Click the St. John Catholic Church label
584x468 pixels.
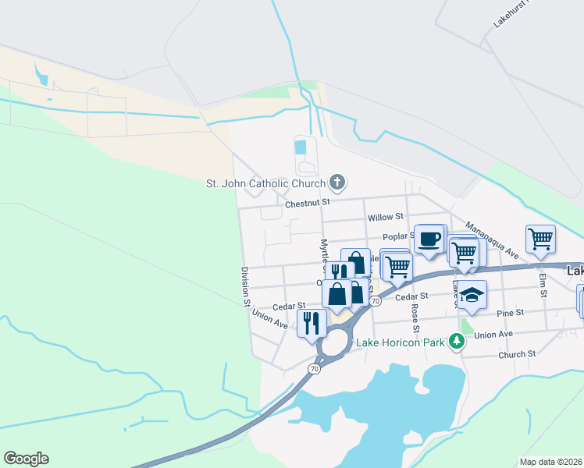click(265, 184)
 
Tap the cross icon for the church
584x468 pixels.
click(337, 183)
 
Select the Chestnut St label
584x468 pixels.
click(308, 202)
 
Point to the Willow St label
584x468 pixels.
click(384, 216)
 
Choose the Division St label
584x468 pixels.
click(245, 286)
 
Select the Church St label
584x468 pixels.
click(518, 353)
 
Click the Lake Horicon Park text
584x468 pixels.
click(400, 342)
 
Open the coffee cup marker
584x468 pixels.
click(429, 238)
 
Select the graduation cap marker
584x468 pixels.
click(472, 294)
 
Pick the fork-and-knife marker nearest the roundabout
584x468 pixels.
click(312, 321)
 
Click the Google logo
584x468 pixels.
click(26, 459)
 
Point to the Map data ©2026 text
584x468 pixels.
click(550, 462)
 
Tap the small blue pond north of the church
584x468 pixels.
click(301, 147)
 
